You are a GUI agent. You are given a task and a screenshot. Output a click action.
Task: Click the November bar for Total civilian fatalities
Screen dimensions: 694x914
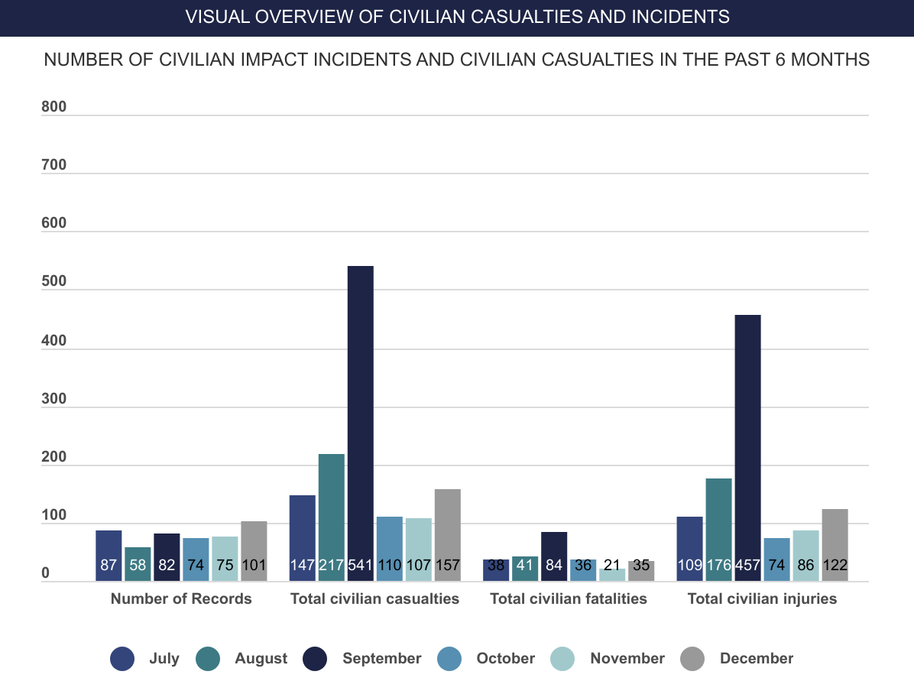pyautogui.click(x=612, y=574)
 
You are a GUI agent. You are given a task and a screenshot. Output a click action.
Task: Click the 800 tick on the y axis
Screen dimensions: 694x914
pyautogui.click(x=54, y=108)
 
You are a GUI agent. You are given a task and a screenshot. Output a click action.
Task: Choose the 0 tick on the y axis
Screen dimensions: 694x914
pyautogui.click(x=46, y=574)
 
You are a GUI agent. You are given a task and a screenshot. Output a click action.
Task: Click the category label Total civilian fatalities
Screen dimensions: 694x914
pyautogui.click(x=569, y=599)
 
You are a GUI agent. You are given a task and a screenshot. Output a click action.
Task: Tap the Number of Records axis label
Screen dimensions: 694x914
pyautogui.click(x=181, y=599)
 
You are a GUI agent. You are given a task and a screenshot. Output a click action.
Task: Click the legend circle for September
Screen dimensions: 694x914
pyautogui.click(x=315, y=659)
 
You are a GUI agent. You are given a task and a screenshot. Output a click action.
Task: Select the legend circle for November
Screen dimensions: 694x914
pyautogui.click(x=563, y=659)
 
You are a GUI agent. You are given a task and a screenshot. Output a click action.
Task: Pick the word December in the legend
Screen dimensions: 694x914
pyautogui.click(x=757, y=659)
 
